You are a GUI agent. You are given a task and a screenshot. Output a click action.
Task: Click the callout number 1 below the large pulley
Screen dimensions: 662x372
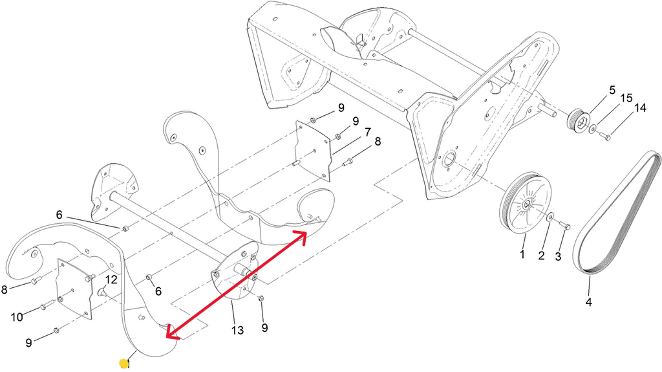point(522,254)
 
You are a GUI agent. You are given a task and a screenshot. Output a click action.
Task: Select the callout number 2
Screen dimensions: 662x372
point(541,256)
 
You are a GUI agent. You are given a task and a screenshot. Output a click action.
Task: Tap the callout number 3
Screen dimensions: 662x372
point(558,257)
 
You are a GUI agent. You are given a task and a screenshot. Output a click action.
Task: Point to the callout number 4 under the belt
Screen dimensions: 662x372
point(588,302)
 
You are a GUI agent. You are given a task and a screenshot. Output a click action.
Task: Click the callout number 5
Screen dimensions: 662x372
point(612,91)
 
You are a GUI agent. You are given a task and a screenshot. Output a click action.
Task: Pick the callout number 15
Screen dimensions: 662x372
point(626,98)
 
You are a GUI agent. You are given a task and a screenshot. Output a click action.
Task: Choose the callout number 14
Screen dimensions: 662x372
point(640,108)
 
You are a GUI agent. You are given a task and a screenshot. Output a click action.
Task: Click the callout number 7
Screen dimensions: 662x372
point(367,133)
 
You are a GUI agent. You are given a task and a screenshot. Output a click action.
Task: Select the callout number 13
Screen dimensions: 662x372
point(238,330)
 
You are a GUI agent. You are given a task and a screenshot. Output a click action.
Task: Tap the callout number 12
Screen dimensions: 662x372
point(111,279)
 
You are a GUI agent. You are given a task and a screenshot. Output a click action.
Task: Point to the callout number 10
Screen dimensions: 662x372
point(16,316)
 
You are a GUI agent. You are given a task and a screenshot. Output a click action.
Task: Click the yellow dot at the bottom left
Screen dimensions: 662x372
point(123,364)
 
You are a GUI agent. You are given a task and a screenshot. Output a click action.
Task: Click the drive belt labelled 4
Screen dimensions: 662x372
point(616,212)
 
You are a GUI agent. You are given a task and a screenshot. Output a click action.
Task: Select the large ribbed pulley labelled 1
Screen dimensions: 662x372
point(526,202)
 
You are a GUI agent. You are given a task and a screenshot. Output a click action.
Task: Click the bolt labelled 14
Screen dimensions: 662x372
point(604,137)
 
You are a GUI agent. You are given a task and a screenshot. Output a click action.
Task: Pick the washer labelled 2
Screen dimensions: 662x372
point(551,217)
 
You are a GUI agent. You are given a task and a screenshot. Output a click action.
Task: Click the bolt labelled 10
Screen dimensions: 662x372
point(47,305)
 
